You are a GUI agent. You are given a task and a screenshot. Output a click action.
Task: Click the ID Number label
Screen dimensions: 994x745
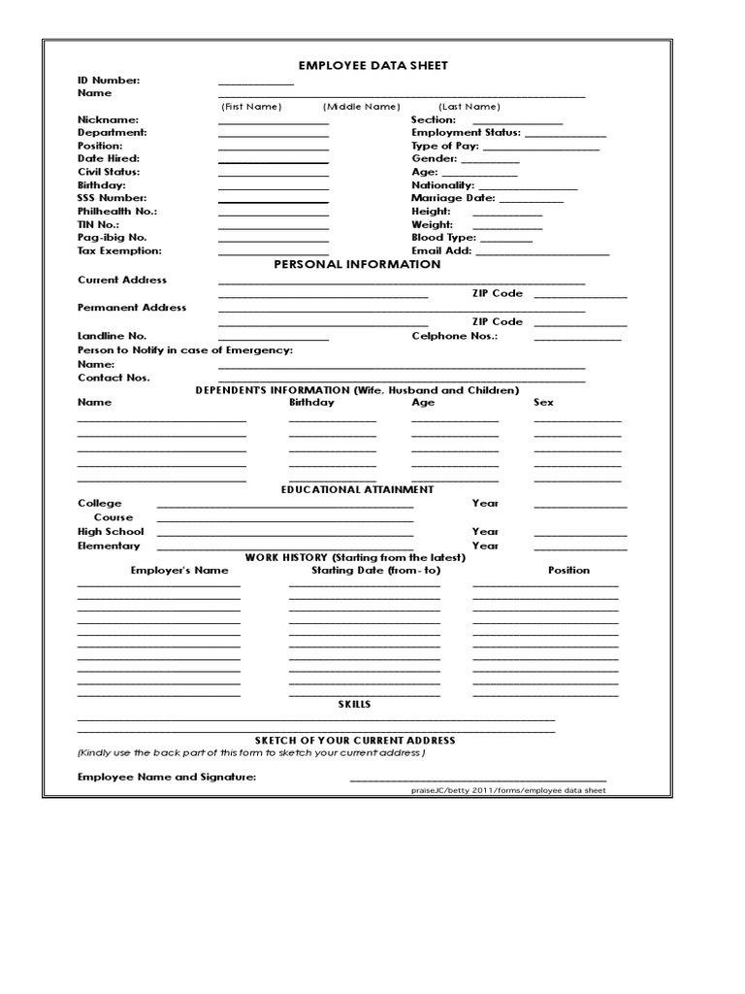(109, 81)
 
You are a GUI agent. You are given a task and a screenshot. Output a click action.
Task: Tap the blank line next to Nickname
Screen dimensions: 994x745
(274, 122)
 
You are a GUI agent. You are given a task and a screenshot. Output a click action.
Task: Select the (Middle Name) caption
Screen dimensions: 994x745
(361, 107)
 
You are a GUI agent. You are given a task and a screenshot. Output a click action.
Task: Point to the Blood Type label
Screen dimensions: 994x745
(443, 238)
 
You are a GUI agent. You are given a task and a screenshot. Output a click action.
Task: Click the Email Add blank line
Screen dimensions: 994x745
(542, 253)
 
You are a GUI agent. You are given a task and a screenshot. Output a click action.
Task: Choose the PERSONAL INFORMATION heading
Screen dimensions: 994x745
(357, 265)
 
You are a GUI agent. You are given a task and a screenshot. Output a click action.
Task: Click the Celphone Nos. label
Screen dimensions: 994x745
(454, 336)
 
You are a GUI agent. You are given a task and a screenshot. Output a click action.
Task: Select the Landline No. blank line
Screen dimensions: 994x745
(274, 339)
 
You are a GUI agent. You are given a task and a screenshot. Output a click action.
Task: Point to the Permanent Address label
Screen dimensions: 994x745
(132, 308)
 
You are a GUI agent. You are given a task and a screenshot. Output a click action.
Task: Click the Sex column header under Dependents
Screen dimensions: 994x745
(543, 402)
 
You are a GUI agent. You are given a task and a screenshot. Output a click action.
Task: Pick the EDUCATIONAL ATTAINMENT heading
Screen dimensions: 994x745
(357, 490)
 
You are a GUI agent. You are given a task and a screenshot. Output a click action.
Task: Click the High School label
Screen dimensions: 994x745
(111, 532)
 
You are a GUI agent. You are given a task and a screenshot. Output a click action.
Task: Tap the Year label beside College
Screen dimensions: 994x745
(485, 504)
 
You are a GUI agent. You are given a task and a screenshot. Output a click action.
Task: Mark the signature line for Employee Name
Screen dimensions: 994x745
(477, 779)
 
